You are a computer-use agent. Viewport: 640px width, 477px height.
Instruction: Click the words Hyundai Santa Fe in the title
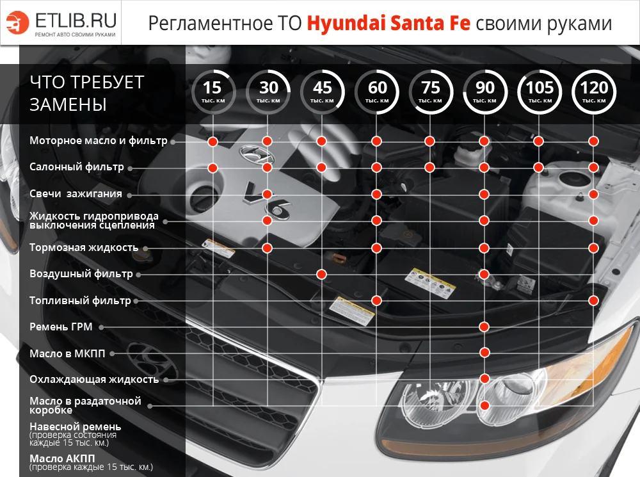click(388, 23)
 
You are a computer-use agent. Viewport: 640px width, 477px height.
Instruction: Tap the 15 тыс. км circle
click(212, 92)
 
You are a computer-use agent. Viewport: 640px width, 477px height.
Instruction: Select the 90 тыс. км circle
click(484, 92)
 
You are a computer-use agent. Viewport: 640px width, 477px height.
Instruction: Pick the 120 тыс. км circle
click(593, 92)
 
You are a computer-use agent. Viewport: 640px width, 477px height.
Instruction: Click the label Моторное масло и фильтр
click(98, 141)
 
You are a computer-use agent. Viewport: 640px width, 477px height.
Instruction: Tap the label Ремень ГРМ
click(61, 327)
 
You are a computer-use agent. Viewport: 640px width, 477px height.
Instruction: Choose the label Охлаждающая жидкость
click(94, 380)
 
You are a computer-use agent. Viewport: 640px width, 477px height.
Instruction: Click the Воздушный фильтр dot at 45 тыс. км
click(321, 274)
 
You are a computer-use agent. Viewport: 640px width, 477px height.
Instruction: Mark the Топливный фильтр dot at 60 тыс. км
click(376, 300)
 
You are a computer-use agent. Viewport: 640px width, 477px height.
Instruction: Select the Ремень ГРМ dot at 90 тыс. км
click(484, 327)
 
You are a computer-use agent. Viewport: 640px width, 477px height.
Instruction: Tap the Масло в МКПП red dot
click(484, 353)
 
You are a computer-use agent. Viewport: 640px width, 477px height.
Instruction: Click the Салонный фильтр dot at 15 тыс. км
click(212, 168)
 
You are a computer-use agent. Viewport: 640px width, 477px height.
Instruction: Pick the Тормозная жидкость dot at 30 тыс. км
click(267, 247)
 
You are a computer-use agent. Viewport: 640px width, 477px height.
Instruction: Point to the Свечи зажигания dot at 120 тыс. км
click(593, 194)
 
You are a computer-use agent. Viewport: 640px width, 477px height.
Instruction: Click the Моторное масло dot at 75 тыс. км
click(430, 141)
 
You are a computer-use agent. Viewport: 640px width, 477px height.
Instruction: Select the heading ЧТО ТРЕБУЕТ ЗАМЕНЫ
click(87, 93)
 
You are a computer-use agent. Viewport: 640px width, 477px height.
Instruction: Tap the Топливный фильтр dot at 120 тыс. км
click(593, 300)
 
